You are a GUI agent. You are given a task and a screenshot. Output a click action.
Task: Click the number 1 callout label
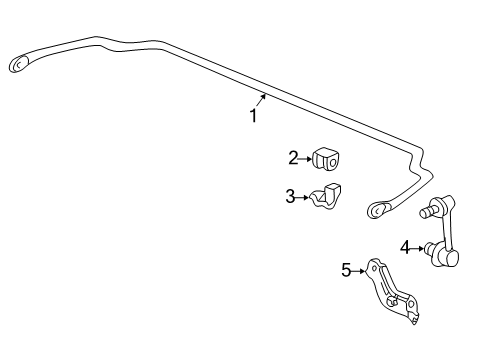(254, 116)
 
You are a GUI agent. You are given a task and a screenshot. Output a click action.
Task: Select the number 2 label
(293, 157)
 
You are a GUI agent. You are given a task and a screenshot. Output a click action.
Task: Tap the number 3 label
(290, 197)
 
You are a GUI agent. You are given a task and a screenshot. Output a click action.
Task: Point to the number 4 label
(405, 247)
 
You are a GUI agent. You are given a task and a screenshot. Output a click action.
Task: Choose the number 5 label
(346, 269)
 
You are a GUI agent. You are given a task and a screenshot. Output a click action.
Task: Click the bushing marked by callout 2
(326, 159)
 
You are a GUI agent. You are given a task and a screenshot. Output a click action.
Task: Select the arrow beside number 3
(302, 198)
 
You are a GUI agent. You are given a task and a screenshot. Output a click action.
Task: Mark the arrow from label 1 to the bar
(262, 101)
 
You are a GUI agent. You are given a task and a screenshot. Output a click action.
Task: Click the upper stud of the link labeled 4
(432, 211)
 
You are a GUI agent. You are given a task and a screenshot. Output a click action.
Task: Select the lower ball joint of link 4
(449, 257)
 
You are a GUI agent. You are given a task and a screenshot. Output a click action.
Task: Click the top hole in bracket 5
(374, 266)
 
